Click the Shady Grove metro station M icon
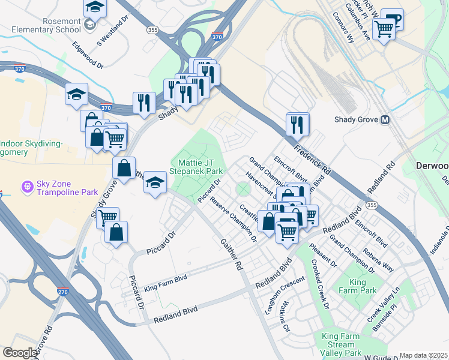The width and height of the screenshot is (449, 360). (x=385, y=119)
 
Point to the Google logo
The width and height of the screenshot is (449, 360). (x=19, y=353)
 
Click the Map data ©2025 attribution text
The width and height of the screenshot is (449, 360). (x=423, y=355)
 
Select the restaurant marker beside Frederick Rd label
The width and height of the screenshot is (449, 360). (x=297, y=125)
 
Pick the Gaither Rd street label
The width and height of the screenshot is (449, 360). (x=231, y=251)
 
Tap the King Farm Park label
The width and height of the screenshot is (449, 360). (x=363, y=286)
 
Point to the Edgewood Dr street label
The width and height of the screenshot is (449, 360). (x=88, y=55)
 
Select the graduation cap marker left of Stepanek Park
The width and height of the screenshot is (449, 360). (x=155, y=183)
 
